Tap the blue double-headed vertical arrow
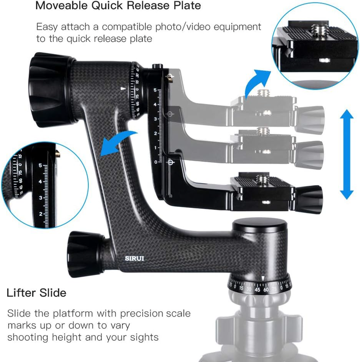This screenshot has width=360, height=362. [346, 155]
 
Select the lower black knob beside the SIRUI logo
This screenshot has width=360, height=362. [83, 251]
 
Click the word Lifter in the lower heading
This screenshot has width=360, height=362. [23, 293]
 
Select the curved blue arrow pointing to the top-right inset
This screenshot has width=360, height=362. [259, 80]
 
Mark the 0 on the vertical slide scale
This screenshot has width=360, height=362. [156, 162]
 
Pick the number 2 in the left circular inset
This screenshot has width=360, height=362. [41, 214]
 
